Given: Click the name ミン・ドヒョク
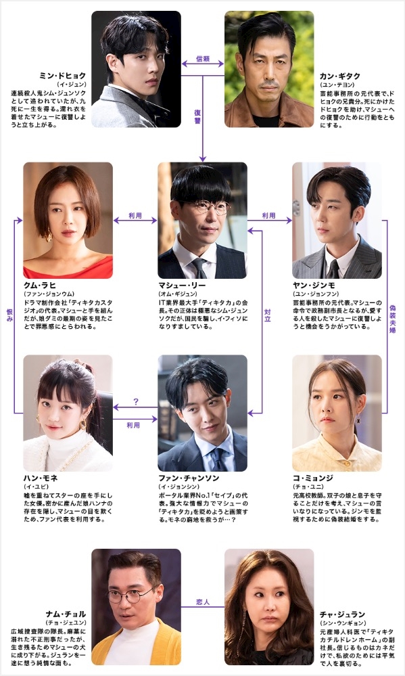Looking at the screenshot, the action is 62,76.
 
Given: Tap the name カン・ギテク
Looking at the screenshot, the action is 340,76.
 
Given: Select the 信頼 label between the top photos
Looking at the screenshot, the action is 203,59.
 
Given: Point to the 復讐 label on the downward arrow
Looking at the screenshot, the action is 197,117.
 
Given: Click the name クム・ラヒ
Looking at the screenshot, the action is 40,286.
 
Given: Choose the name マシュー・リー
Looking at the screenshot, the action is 182,286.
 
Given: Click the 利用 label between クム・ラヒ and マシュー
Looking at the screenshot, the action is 135,215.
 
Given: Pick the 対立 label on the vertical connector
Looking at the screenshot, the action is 268,315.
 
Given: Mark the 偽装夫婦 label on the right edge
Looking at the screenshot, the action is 393,319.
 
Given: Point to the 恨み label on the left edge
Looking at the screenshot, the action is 9,315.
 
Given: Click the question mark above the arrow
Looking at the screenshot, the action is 136,402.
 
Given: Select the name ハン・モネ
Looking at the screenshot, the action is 41,478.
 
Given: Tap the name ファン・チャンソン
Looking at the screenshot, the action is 189,478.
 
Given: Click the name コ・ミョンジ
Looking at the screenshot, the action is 313,478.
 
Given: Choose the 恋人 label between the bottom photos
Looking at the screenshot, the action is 203,602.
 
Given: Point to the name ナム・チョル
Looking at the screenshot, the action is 66,614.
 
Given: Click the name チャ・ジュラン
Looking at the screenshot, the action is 343,614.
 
